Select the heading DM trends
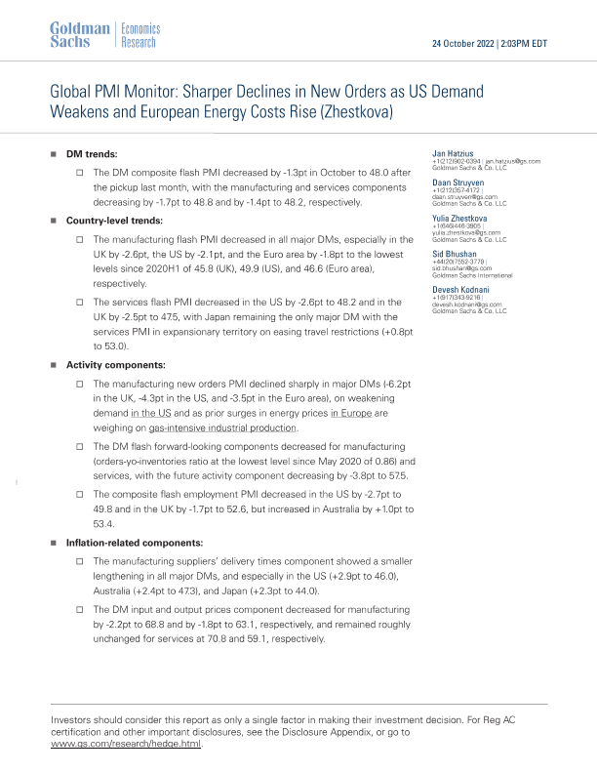point(92,154)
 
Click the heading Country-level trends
point(114,221)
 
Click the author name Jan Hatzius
point(452,153)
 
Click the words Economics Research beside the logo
point(139,36)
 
